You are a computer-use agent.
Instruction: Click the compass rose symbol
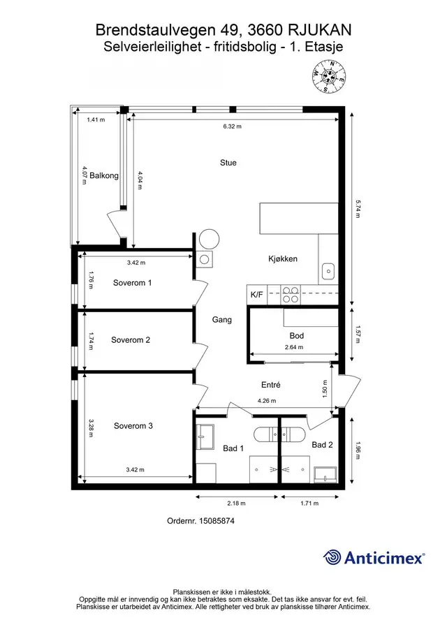[329, 76]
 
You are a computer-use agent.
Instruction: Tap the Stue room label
[228, 163]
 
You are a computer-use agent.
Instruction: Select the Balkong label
[104, 176]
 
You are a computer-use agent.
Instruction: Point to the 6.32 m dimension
[232, 126]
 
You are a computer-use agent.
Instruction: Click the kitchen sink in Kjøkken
[328, 271]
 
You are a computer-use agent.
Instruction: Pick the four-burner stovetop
[291, 294]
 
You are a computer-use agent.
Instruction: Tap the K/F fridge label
[257, 295]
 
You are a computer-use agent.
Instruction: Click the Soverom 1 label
[132, 283]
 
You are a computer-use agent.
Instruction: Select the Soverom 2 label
[131, 340]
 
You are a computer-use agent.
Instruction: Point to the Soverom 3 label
[133, 426]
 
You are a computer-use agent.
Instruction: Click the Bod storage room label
[297, 336]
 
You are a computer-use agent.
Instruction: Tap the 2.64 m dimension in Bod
[294, 347]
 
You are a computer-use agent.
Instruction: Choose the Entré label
[271, 385]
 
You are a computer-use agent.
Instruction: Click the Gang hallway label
[221, 320]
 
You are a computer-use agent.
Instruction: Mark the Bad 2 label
[323, 445]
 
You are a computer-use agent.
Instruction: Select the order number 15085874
[217, 521]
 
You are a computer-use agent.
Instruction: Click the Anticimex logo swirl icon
[332, 557]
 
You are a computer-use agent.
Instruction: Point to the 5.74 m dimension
[358, 209]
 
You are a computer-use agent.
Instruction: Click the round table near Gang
[210, 240]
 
